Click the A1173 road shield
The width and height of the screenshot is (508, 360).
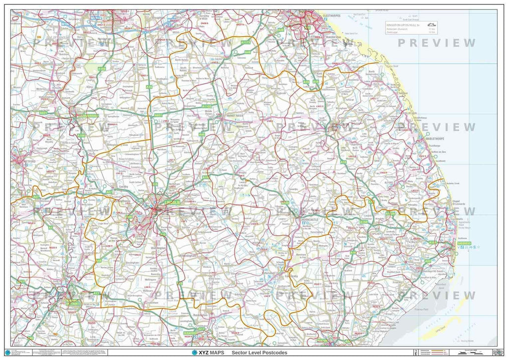(245, 43)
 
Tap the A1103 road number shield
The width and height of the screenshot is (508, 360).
(206, 106)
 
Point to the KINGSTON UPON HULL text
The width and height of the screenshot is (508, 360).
(403, 24)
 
